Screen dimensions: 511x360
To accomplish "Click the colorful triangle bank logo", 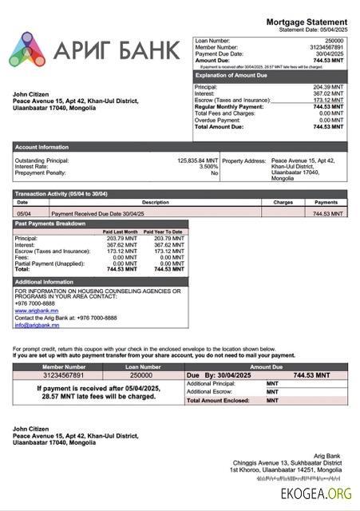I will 27,50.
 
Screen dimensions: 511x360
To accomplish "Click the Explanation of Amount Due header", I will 231,74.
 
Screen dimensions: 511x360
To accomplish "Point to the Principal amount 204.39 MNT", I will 328,86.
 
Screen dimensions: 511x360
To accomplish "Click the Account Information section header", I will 42,147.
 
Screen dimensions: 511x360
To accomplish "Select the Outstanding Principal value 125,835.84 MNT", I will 197,160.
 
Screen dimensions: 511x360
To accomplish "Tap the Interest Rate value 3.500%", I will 208,167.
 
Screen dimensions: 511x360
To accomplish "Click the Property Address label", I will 243,160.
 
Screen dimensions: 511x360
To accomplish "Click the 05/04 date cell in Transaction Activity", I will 24,213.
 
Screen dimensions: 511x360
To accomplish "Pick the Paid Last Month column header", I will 121,232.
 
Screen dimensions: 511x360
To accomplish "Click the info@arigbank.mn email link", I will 37,325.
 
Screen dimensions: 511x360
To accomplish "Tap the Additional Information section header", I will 44,282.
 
